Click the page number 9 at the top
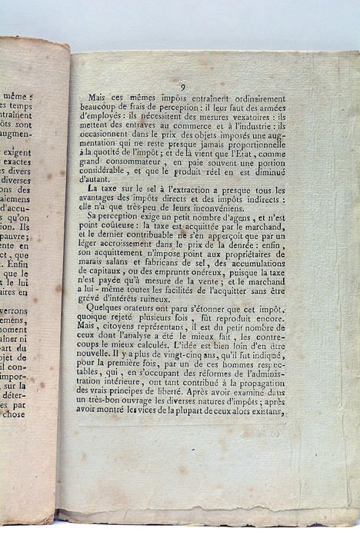point(183,87)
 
